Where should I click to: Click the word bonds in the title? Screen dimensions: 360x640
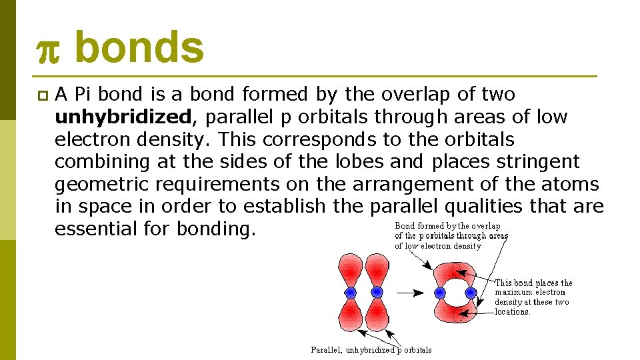[139, 48]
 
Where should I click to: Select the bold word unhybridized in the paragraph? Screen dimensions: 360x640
[123, 117]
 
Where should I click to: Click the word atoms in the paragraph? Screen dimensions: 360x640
[571, 185]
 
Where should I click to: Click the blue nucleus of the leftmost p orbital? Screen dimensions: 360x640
[351, 293]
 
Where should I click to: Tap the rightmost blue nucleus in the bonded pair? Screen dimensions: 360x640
[471, 293]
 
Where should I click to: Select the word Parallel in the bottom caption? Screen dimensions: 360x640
[327, 349]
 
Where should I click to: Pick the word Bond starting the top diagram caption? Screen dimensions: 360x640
[406, 226]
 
